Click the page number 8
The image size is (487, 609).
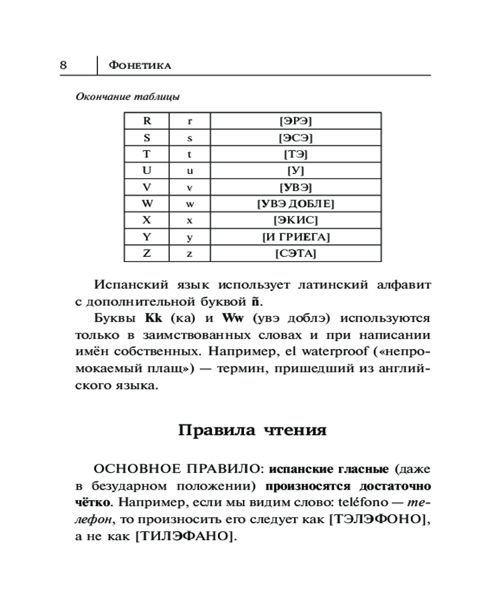click(x=63, y=65)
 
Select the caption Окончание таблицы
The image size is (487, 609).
click(x=127, y=96)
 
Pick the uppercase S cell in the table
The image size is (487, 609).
click(x=147, y=137)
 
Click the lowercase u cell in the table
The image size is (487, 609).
click(x=189, y=171)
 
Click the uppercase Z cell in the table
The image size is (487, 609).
click(x=147, y=253)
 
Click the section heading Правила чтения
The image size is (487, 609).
click(x=253, y=431)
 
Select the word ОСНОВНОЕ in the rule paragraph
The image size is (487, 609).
click(x=139, y=470)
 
